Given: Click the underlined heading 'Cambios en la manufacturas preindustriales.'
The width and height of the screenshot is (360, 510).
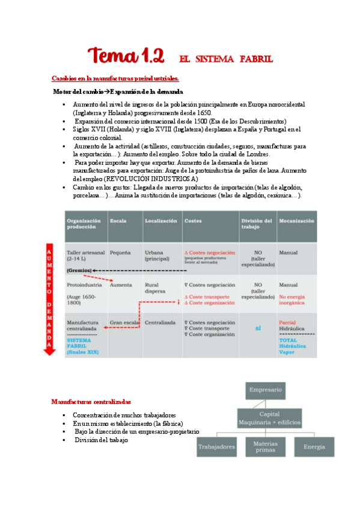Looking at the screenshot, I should tap(115, 79).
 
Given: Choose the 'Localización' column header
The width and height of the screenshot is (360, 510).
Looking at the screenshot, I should tap(161, 221).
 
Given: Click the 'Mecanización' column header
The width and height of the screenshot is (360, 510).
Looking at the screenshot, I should tap(296, 221).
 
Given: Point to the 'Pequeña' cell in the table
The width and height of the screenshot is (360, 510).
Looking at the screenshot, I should tap(120, 253).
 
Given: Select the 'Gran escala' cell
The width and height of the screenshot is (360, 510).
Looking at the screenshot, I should tap(124, 323).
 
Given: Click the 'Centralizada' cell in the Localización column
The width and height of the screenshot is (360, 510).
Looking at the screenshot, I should tap(160, 323).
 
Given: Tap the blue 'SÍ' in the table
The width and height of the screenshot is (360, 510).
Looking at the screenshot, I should tap(258, 328).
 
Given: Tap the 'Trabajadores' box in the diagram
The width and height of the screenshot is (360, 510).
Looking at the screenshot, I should tap(218, 447).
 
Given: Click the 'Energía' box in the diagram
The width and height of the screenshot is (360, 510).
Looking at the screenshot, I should tap(314, 447).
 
